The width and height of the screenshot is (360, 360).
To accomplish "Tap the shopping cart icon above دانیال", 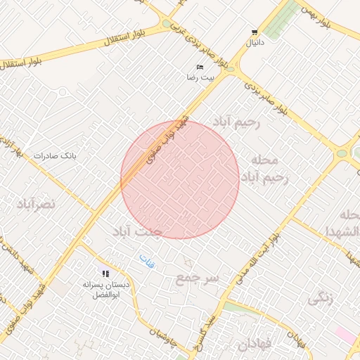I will [254, 32].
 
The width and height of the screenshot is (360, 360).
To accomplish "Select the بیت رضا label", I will [199, 77].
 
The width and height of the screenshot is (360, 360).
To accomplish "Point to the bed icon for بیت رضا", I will [200, 67].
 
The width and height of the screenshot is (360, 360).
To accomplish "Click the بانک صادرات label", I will [54, 155].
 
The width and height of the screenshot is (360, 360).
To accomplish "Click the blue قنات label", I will [146, 262].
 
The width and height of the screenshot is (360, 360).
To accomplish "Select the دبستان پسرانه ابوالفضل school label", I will [106, 290].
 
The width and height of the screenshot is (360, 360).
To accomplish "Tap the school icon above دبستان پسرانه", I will [105, 274].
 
